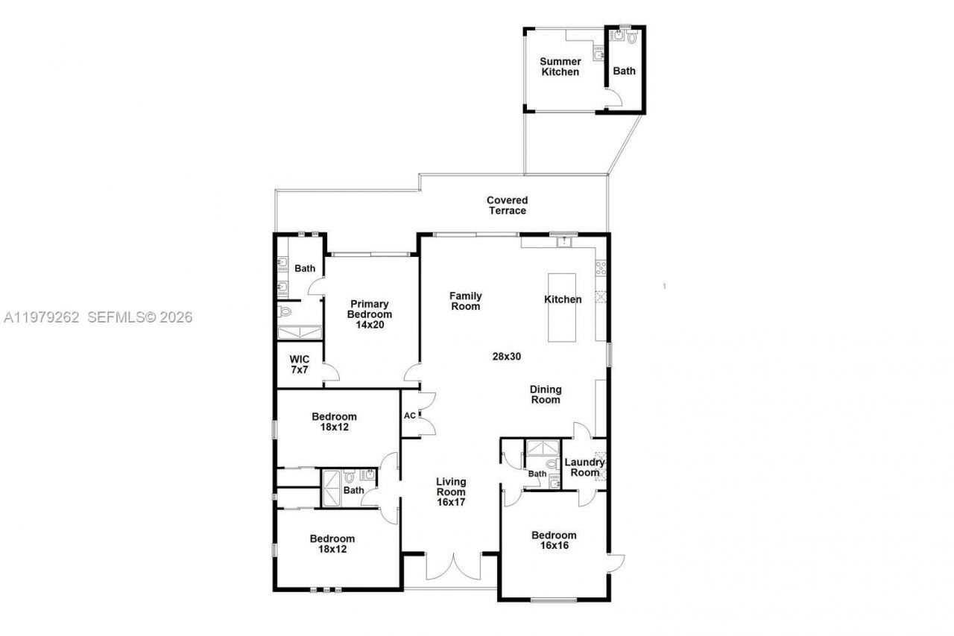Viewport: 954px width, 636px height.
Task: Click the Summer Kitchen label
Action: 560,67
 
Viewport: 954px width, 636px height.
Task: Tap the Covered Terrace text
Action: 508,206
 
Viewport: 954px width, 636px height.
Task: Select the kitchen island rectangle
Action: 563,308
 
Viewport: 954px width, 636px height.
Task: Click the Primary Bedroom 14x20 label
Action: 370,309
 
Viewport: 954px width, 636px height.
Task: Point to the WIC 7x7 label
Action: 300,364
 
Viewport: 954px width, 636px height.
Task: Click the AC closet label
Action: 409,416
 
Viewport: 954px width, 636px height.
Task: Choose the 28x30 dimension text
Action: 506,356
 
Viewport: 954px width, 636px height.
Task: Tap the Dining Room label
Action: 545,395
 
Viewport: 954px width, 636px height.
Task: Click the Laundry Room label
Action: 585,468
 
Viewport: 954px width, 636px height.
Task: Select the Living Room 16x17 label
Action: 451,492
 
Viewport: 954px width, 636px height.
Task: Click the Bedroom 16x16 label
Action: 554,541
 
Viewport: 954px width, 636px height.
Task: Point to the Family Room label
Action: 465,301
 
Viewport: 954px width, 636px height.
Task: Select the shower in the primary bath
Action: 299,332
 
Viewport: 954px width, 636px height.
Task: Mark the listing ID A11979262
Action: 42,317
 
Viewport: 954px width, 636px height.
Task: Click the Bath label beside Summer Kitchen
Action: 625,71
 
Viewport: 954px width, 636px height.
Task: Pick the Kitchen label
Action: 563,299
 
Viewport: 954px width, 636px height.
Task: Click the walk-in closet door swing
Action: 332,374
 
